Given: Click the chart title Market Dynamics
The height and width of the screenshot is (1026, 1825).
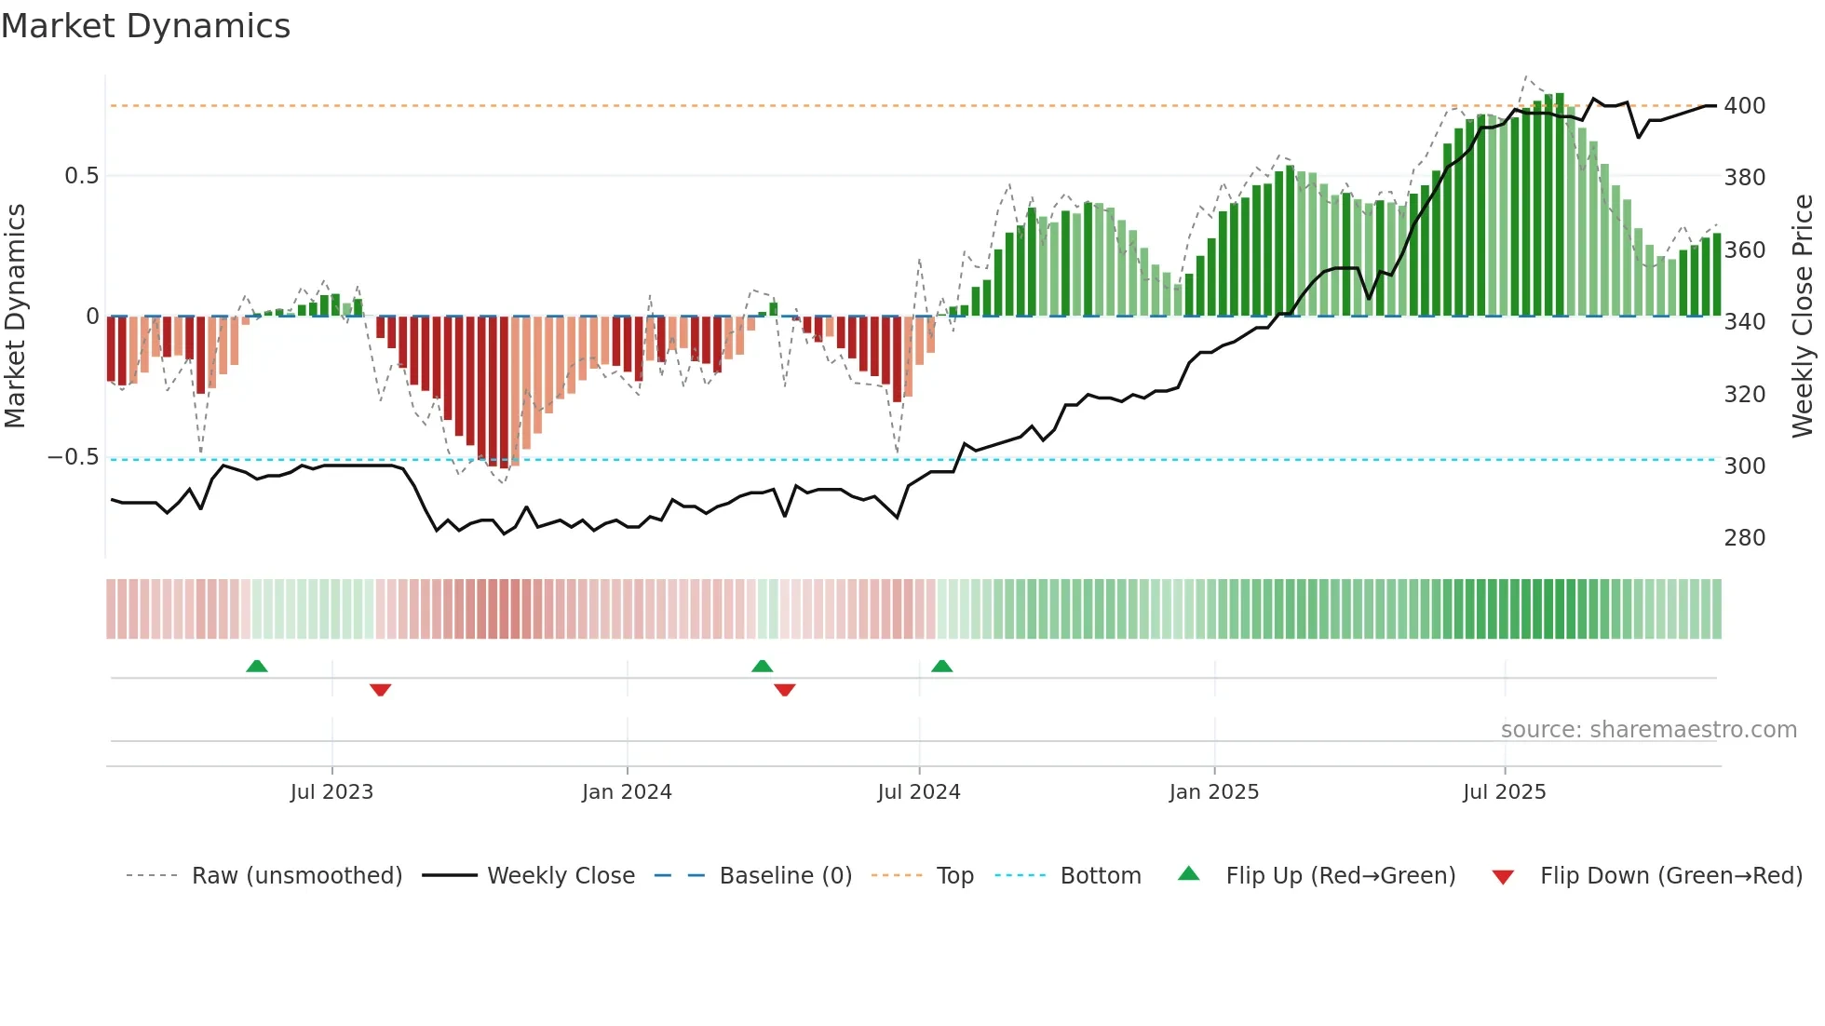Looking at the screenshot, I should (146, 26).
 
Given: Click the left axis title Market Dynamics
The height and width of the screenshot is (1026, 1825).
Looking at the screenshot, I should (16, 316).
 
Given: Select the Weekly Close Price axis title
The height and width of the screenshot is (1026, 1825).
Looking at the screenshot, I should (1803, 316).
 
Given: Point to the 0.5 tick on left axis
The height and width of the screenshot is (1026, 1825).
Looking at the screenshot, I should (81, 176).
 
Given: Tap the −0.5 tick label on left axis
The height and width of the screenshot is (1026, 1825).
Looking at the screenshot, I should (74, 457).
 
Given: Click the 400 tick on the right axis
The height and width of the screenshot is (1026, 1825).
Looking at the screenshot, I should (1744, 106).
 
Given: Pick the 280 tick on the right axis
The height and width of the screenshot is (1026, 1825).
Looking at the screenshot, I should (1744, 538).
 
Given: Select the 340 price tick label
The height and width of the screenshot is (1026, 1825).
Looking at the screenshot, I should (1744, 322).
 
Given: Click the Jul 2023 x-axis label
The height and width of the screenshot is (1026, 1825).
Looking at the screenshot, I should (331, 792).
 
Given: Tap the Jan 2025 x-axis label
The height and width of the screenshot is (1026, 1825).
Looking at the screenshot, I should (1213, 792).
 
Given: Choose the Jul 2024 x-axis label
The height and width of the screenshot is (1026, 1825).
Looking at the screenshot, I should (918, 792).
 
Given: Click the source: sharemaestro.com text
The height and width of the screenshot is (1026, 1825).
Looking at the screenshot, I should (1648, 730).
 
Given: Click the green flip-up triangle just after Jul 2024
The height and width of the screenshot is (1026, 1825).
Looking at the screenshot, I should (941, 666).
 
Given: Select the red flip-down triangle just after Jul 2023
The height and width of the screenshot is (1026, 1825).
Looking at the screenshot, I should (380, 690).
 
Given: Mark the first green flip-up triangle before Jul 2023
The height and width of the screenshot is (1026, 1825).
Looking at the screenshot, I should (257, 666).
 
